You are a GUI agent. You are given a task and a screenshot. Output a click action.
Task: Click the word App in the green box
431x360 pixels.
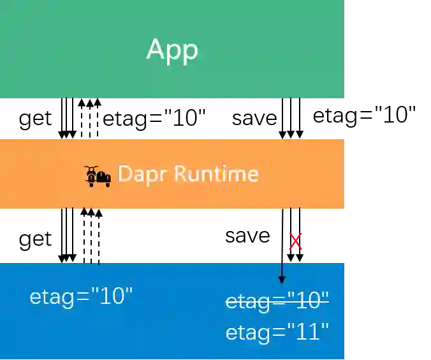click(x=172, y=50)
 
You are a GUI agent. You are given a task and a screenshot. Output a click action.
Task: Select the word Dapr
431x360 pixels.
click(x=135, y=174)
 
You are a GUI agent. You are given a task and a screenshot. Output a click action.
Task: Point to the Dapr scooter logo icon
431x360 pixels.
click(x=98, y=176)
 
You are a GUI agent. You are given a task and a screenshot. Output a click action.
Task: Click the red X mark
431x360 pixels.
click(x=295, y=241)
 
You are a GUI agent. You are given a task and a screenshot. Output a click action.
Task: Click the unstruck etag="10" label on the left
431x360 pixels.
click(x=81, y=296)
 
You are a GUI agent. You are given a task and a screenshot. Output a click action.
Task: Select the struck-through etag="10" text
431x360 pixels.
click(x=277, y=300)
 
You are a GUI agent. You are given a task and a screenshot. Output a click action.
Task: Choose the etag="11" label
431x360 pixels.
click(x=277, y=332)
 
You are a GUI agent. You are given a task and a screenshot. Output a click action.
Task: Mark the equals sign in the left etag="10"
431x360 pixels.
click(x=83, y=297)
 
